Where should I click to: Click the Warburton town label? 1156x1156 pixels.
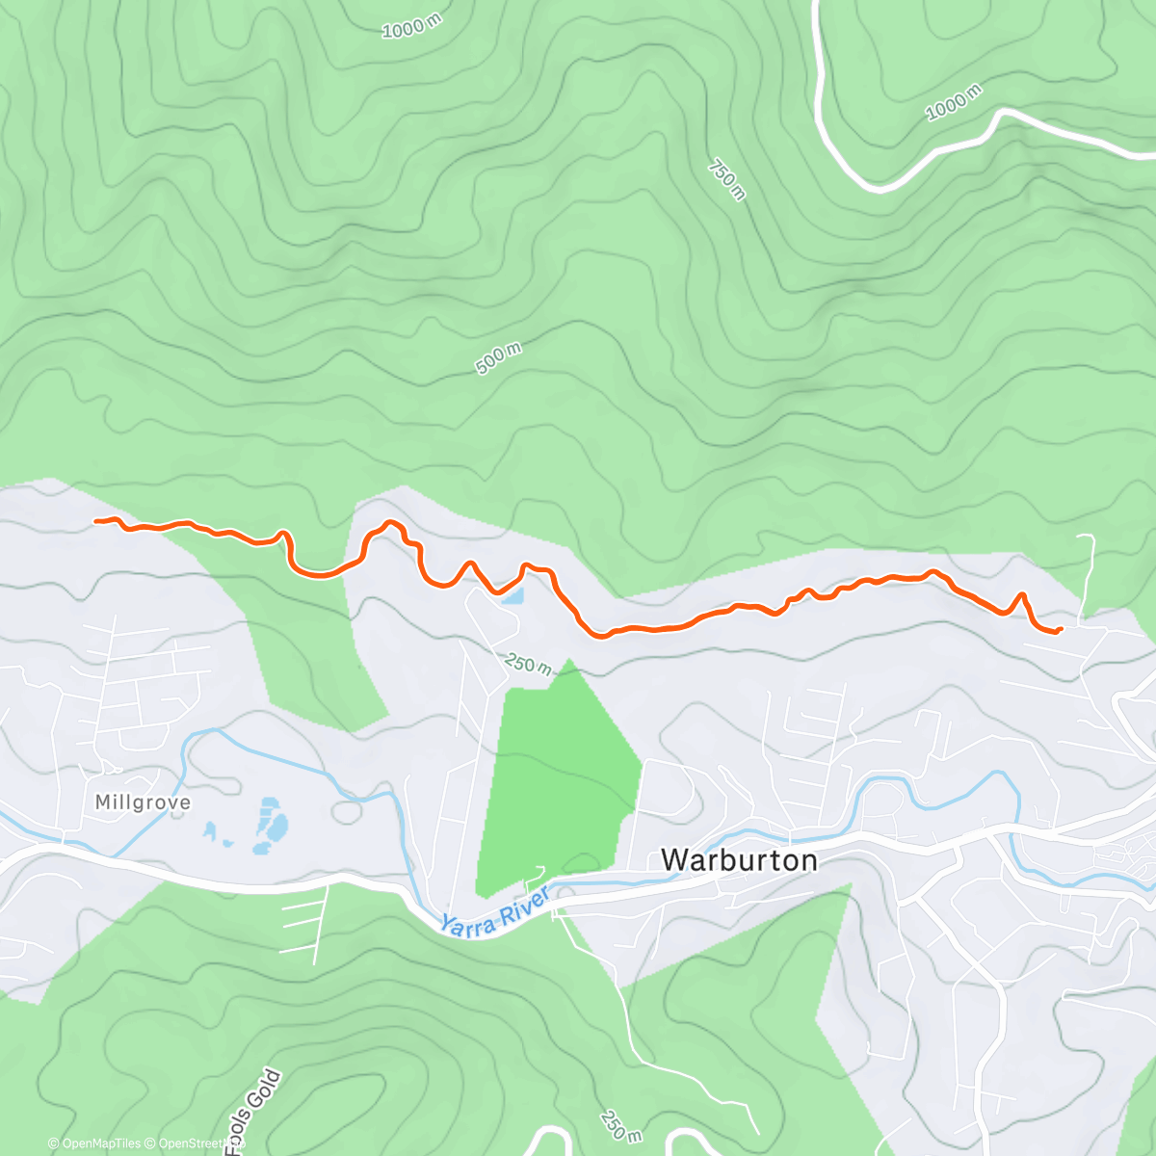click(739, 859)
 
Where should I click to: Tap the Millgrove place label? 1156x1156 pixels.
click(143, 802)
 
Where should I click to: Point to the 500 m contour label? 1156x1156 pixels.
click(499, 358)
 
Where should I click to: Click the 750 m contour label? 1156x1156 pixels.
click(727, 179)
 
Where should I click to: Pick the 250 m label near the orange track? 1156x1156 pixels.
click(529, 664)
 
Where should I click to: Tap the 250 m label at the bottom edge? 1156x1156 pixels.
click(615, 1124)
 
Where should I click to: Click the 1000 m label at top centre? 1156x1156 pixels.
click(411, 27)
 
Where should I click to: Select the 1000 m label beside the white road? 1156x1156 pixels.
click(954, 102)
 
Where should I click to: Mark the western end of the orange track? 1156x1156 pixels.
click(96, 521)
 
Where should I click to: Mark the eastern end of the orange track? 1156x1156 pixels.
click(1060, 630)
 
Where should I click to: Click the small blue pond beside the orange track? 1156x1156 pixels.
click(512, 596)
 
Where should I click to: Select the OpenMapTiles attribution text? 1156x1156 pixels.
click(93, 1143)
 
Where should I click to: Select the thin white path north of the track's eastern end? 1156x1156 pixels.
click(1090, 568)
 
